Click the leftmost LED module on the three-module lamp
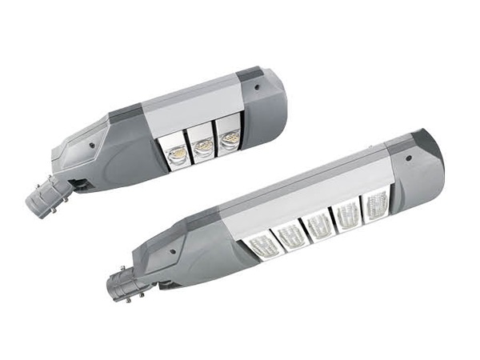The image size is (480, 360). (x=174, y=150)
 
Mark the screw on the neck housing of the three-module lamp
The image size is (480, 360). (x=94, y=146)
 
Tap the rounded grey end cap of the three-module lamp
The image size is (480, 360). (x=264, y=104)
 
